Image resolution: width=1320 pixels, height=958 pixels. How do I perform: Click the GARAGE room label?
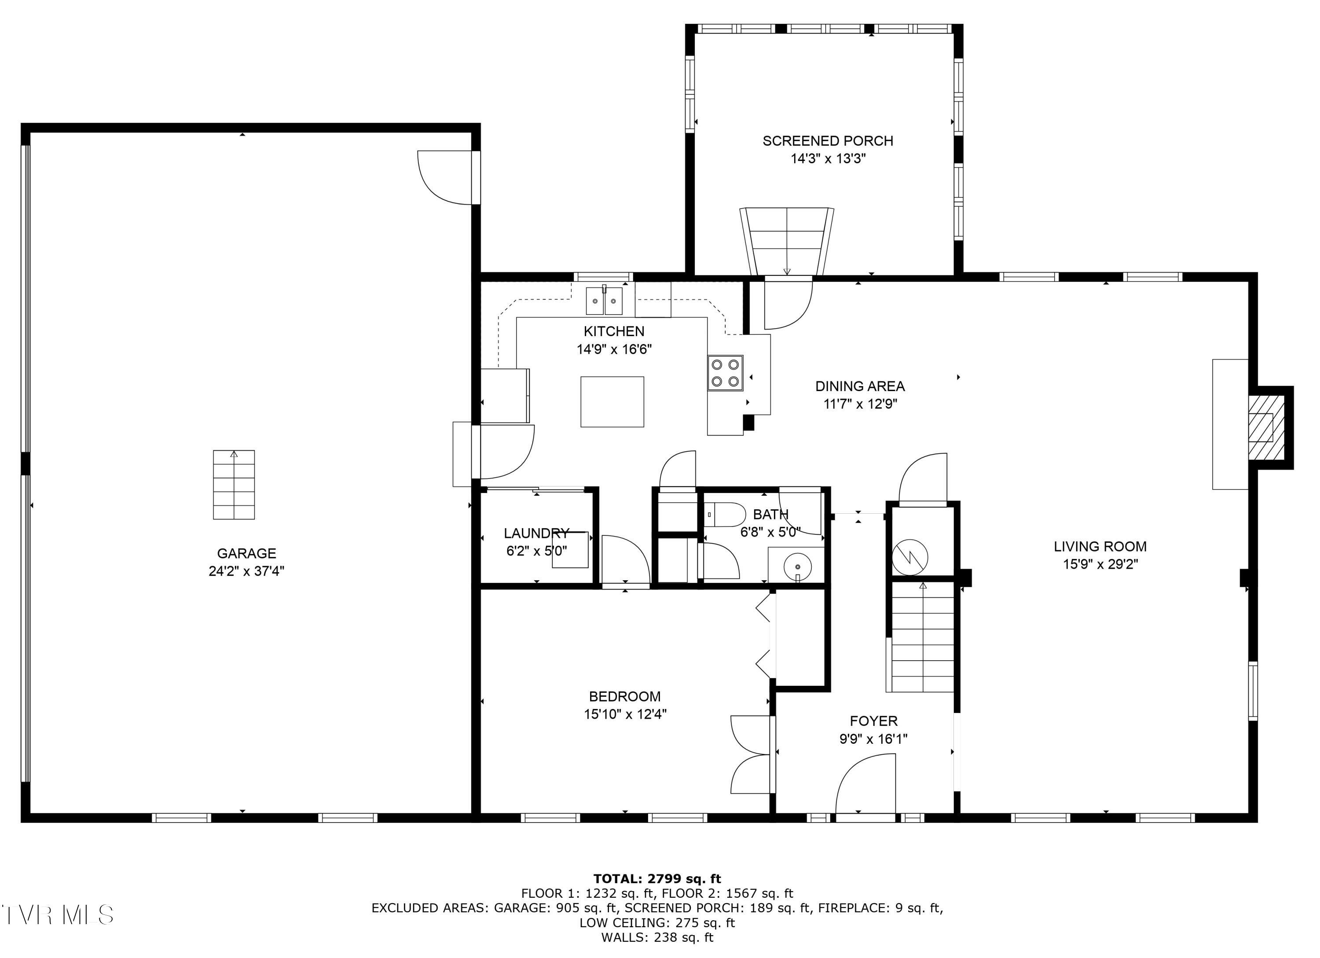click(246, 553)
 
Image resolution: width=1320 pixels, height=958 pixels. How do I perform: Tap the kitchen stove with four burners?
click(725, 372)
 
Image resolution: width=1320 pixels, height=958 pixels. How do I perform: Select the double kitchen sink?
click(604, 301)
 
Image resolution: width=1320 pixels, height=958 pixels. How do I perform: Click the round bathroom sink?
click(796, 565)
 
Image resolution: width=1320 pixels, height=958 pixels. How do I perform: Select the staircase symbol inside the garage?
click(234, 485)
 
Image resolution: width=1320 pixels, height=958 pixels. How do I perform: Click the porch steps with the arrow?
click(787, 241)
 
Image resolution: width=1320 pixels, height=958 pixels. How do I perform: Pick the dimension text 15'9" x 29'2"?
click(1100, 563)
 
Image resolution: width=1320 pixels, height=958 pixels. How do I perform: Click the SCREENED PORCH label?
click(828, 141)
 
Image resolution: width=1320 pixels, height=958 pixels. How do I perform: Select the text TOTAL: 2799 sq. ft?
click(657, 878)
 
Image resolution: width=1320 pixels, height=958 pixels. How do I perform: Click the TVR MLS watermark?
click(57, 915)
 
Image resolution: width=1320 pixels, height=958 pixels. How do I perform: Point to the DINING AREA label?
click(860, 386)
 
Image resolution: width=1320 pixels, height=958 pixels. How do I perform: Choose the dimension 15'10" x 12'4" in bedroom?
click(625, 714)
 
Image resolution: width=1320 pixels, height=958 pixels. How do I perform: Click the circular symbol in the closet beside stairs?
click(909, 557)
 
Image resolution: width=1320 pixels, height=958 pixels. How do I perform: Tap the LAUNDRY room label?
click(536, 533)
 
